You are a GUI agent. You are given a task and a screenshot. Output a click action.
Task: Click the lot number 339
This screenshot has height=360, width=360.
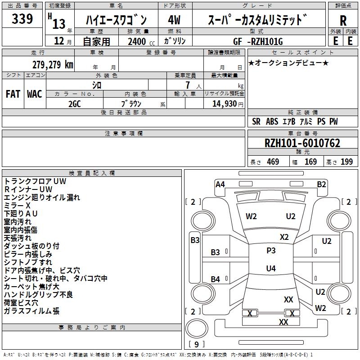[22, 19]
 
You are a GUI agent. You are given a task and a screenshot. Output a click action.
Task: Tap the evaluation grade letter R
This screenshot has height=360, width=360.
[343, 20]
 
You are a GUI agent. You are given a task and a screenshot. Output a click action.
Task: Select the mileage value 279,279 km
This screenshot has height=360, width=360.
[53, 64]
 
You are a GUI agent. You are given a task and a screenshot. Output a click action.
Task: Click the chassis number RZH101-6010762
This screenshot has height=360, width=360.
[302, 143]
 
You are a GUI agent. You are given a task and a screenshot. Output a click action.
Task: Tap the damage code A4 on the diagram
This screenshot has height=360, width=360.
[220, 184]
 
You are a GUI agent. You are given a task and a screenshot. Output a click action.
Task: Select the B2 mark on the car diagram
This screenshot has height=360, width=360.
[321, 184]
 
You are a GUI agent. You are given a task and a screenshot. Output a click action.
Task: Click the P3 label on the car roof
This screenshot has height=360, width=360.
[271, 251]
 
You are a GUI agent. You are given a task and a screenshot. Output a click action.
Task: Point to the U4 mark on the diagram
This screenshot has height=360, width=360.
[271, 269]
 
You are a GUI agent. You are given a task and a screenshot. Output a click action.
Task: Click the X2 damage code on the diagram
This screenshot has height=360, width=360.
[284, 237]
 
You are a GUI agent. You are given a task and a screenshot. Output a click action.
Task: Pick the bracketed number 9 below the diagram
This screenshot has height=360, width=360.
[196, 345]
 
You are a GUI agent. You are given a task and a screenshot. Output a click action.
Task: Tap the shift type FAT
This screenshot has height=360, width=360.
[13, 94]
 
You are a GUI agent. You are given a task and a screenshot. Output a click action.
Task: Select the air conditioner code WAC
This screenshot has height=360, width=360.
[35, 94]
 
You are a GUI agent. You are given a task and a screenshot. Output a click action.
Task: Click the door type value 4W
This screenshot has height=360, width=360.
[175, 20]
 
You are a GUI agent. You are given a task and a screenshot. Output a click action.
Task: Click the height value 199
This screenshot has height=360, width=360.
[346, 162]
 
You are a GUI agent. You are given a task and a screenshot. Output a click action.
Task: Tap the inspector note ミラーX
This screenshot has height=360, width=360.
[18, 205]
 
